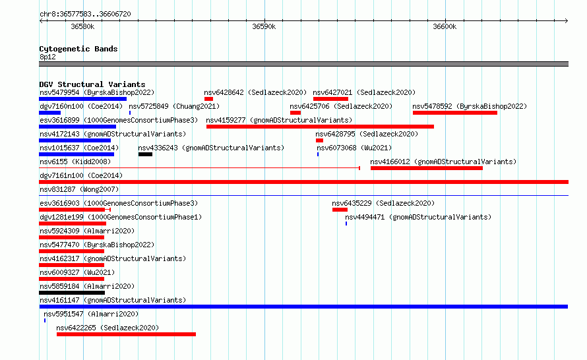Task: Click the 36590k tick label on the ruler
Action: (264, 26)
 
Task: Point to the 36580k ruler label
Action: (82, 26)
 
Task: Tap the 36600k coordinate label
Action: (445, 26)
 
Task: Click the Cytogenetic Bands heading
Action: (78, 49)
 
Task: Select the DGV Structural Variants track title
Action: (92, 84)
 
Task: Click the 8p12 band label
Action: (47, 57)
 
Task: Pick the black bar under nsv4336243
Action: (145, 154)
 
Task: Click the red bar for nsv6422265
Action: (126, 334)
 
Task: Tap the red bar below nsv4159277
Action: (320, 127)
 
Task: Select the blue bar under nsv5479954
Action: (82, 99)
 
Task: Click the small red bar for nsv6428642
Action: (208, 99)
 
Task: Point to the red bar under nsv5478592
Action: (455, 113)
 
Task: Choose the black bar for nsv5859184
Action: (72, 293)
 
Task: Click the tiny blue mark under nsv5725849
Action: (130, 113)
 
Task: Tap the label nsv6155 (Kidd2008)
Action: (75, 162)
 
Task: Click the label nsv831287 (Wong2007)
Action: (79, 189)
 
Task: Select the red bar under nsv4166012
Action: (426, 168)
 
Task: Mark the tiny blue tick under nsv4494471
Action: (346, 224)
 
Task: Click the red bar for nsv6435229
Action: (340, 210)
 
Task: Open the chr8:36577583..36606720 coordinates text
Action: (85, 14)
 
